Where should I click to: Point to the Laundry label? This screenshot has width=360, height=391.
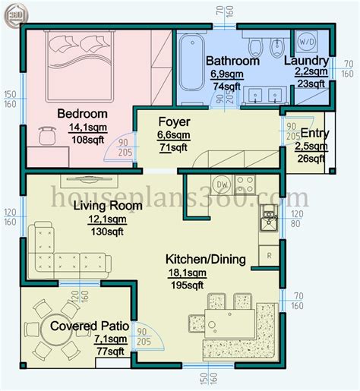(306, 61)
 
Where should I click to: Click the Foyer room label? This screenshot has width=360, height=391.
(173, 121)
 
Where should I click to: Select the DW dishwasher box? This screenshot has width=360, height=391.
(223, 184)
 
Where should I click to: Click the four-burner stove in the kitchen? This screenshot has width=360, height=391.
(245, 183)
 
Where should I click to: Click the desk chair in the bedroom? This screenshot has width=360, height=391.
(47, 135)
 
